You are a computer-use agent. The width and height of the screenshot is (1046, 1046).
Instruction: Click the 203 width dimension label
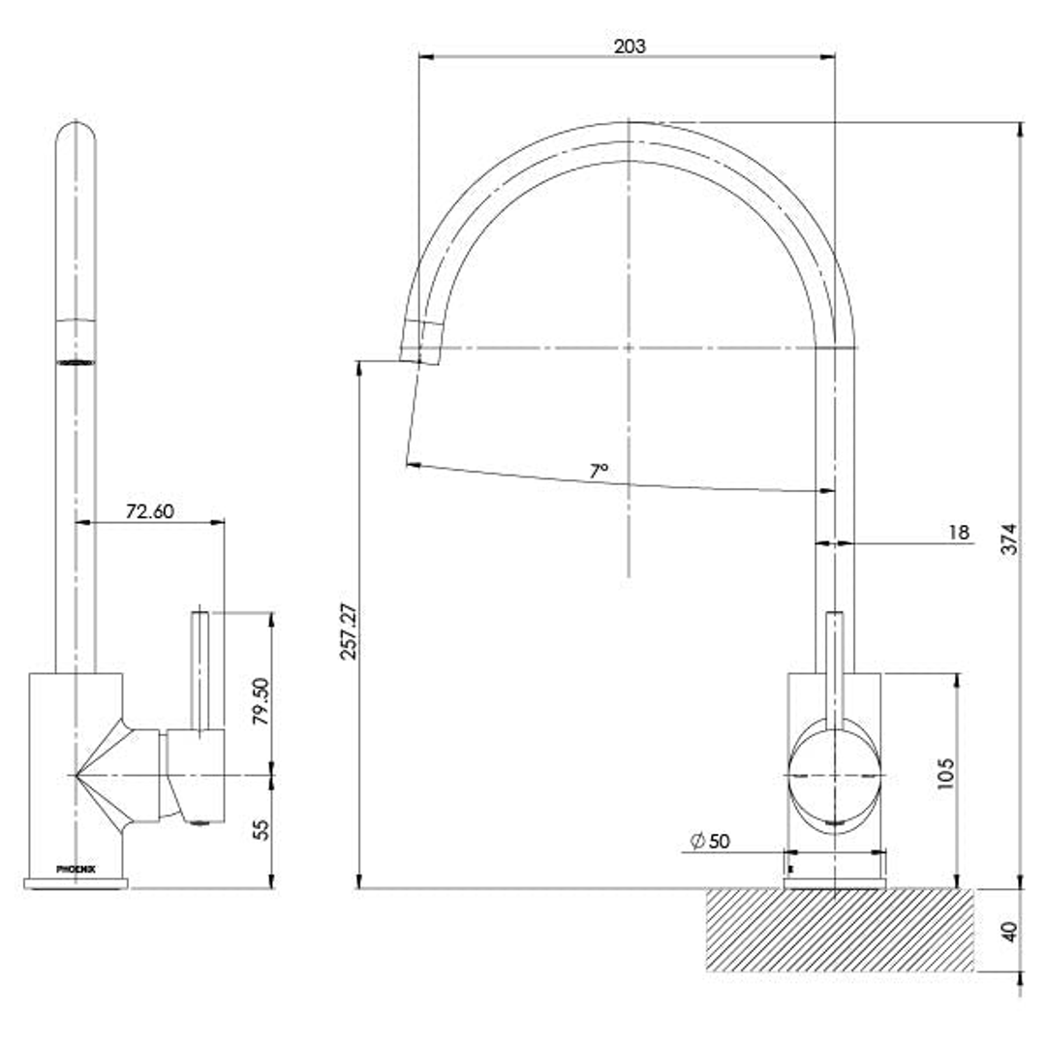click(629, 46)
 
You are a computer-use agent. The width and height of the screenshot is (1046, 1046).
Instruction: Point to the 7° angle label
click(599, 471)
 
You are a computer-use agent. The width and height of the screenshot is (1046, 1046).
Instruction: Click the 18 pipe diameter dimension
click(958, 532)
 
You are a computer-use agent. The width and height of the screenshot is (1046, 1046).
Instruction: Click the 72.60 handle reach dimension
click(149, 510)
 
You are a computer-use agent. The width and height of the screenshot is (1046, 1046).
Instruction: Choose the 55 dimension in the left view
click(261, 831)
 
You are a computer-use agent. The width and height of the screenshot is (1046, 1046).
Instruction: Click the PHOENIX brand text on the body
click(75, 869)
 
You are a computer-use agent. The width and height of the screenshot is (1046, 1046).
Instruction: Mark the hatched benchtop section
click(839, 930)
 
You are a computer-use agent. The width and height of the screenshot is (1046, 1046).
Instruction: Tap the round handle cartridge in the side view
click(835, 776)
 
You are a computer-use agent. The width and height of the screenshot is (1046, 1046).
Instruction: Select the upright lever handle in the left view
click(200, 668)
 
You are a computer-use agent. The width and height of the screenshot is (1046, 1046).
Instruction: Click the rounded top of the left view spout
click(76, 137)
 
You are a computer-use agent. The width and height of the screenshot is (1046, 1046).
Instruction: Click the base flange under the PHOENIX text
click(76, 882)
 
